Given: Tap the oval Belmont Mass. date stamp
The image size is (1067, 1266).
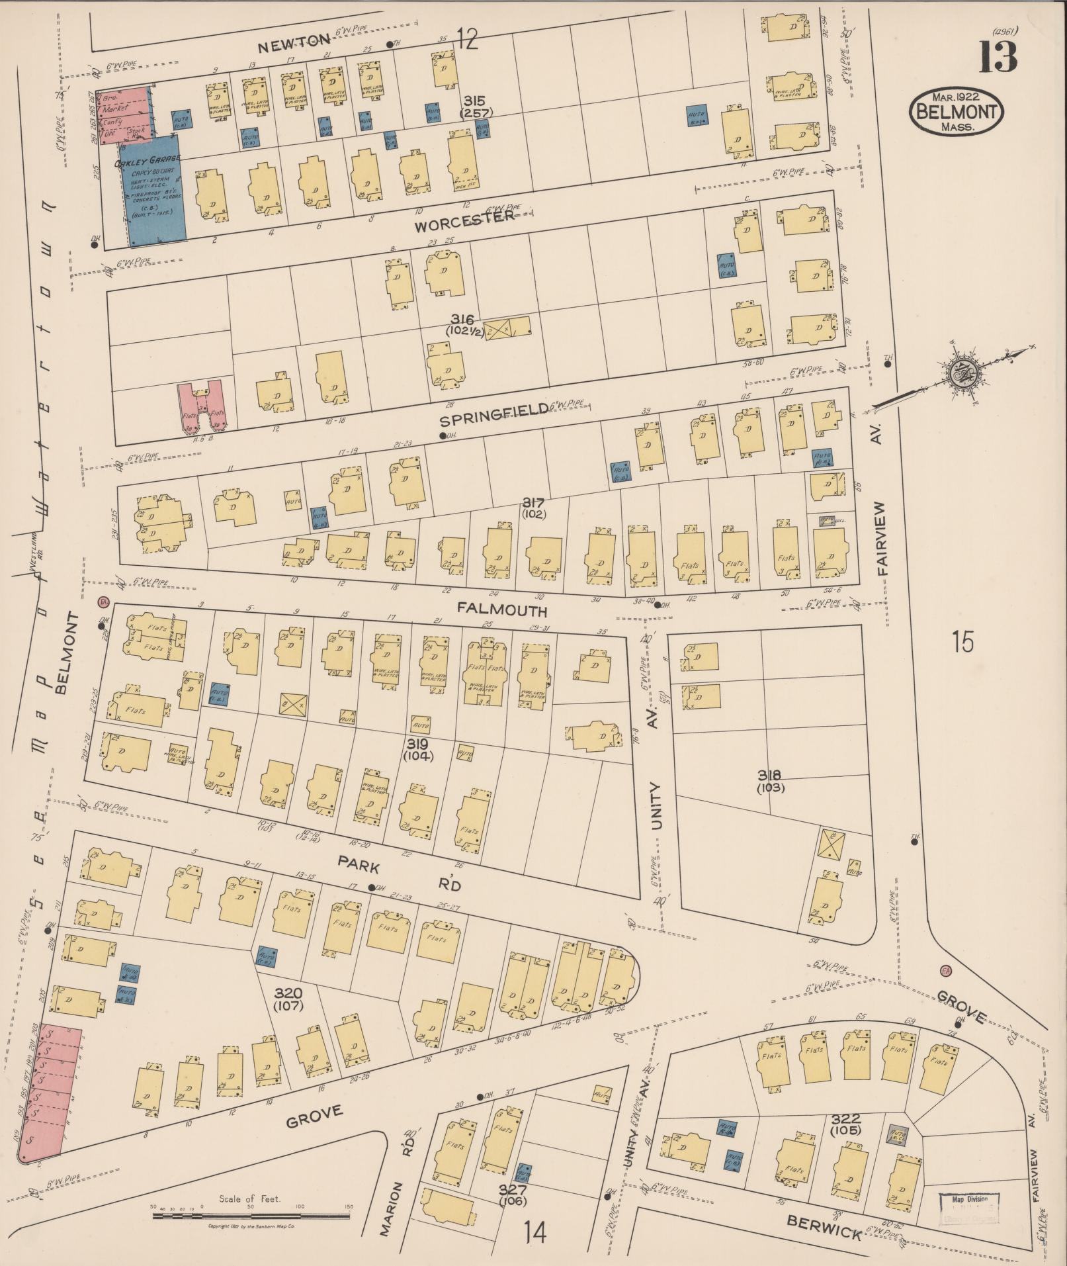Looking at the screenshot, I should pos(955,112).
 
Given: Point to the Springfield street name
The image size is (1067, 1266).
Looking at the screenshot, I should pos(495,410).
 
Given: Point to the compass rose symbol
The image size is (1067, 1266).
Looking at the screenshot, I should pos(960,375).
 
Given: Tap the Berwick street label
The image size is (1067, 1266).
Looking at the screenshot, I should pos(823,1229).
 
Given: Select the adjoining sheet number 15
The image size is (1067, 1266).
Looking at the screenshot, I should pos(963,641).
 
